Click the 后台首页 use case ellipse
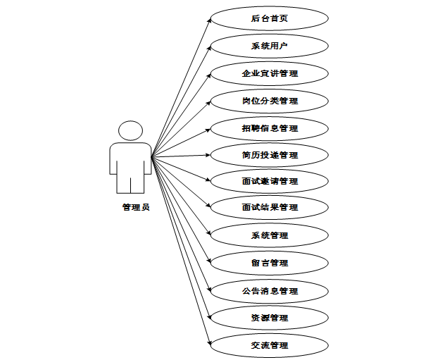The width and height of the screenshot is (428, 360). (x=270, y=18)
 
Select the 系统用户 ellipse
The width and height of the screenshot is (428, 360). (x=270, y=46)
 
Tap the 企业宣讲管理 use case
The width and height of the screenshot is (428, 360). (x=270, y=73)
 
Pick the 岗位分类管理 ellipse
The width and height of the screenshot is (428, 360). (x=270, y=101)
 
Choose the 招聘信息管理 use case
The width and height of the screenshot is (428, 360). (x=270, y=128)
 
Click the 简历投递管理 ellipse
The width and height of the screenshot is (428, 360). (x=270, y=154)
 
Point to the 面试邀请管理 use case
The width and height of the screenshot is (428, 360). (x=270, y=181)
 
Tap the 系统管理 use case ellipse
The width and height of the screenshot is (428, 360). (x=270, y=235)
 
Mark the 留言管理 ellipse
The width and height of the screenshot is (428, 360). (x=270, y=263)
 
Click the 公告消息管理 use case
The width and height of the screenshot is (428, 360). (x=270, y=290)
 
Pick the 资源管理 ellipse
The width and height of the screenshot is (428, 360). (x=270, y=318)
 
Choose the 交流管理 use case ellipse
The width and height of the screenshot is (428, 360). (x=270, y=345)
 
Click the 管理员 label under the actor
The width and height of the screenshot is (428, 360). (x=135, y=207)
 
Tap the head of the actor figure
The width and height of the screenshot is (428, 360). (x=130, y=131)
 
